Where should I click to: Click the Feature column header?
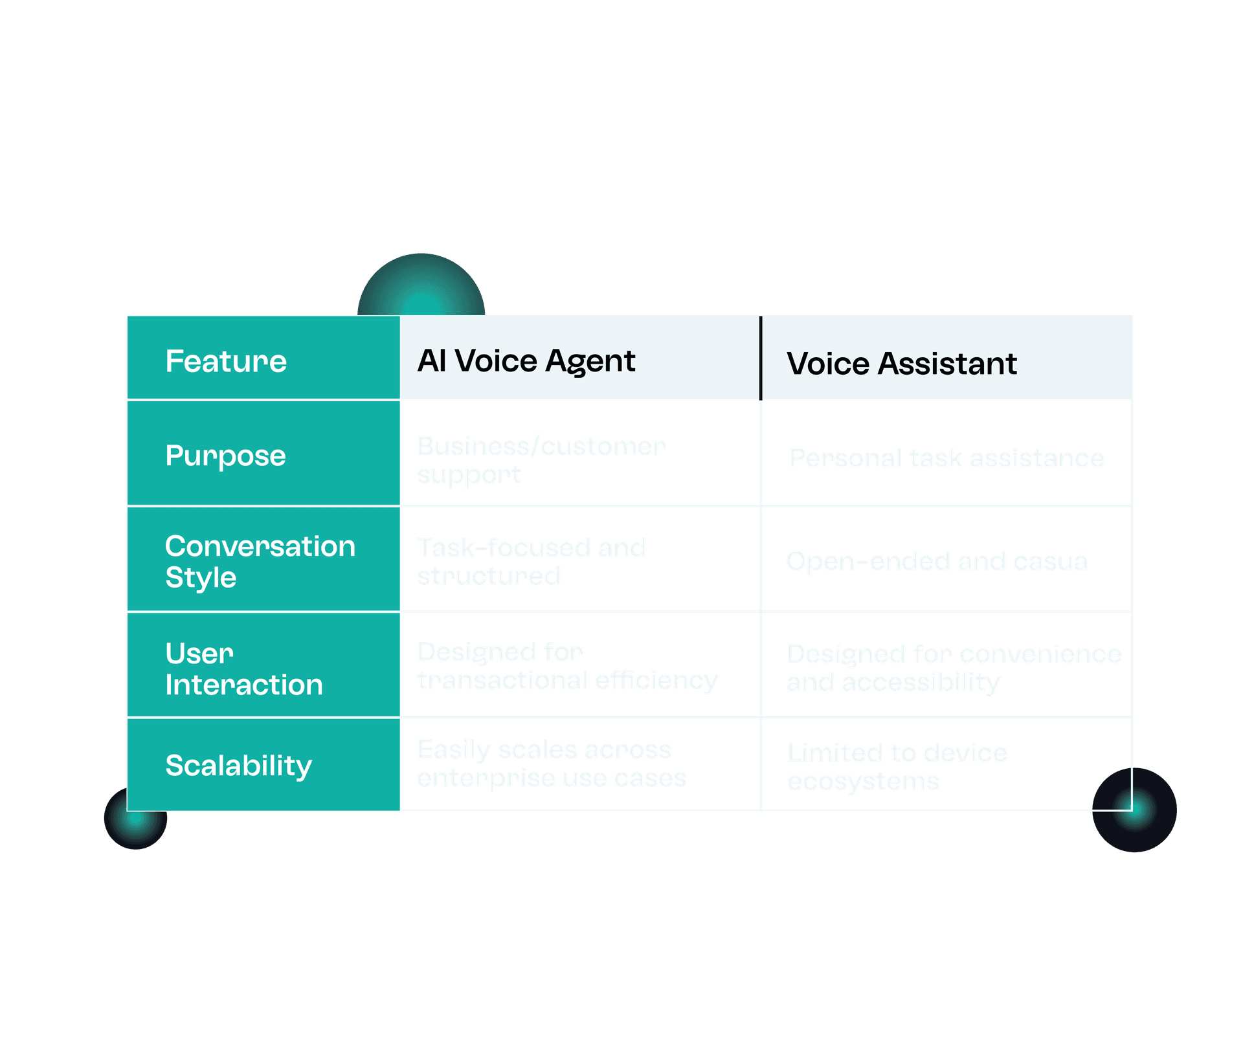[226, 361]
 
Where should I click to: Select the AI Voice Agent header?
[526, 361]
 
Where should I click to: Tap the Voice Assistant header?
[901, 364]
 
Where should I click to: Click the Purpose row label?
[225, 456]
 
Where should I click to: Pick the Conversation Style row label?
[260, 561]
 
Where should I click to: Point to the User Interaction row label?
[243, 668]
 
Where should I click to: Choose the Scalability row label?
[238, 766]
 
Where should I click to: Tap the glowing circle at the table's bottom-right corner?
[1134, 810]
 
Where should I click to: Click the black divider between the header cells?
[761, 358]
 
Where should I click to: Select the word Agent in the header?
[590, 361]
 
